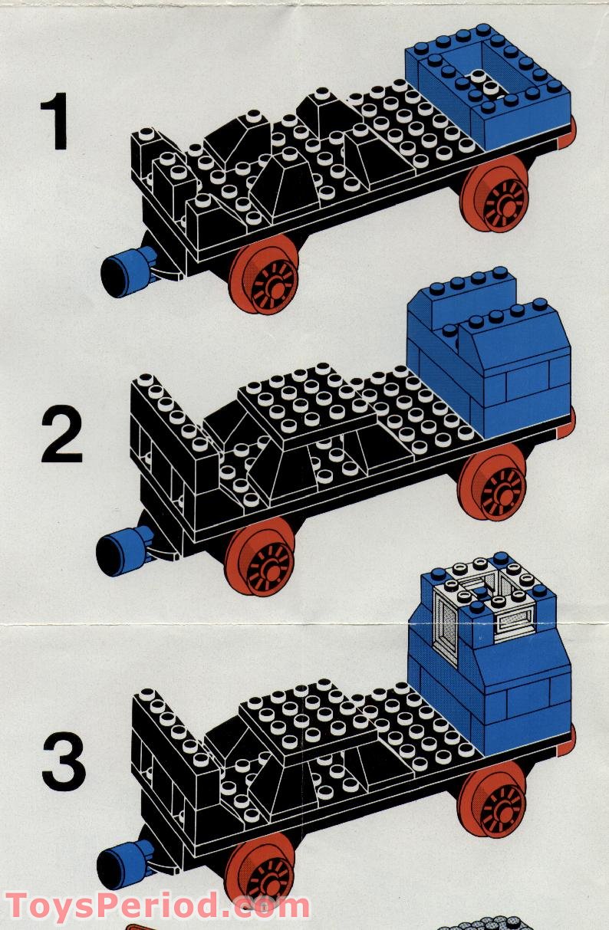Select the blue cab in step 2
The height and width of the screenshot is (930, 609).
click(491, 357)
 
